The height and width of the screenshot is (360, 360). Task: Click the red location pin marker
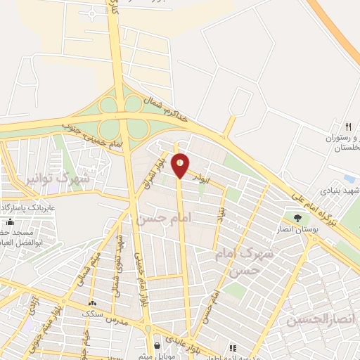(x=181, y=165)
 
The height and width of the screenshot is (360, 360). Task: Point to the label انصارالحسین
(x=316, y=320)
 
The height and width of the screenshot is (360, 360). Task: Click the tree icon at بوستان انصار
(x=297, y=218)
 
